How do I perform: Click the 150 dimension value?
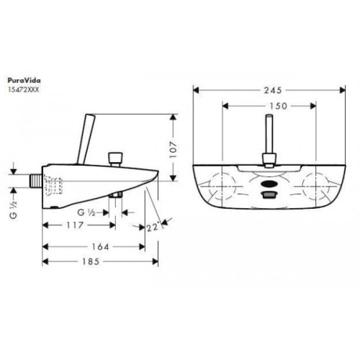pos(271,104)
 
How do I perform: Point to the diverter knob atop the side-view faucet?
pos(113,157)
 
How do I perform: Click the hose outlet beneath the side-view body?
pos(114,196)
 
